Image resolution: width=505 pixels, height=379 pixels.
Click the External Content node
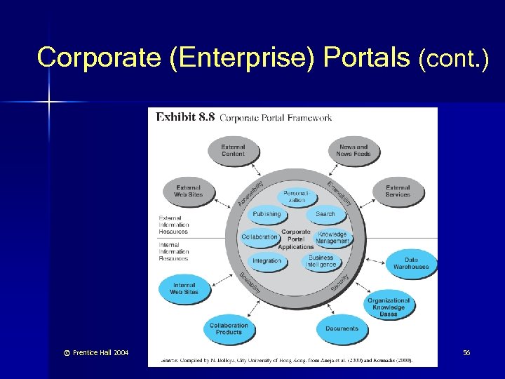tap(233, 150)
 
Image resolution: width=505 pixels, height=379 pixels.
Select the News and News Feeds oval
tap(353, 150)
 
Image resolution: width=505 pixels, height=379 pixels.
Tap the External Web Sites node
tap(188, 192)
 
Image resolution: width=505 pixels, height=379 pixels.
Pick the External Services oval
tap(398, 191)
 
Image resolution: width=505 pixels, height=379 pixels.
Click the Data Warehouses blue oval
tap(411, 263)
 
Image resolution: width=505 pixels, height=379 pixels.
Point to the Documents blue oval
tap(342, 328)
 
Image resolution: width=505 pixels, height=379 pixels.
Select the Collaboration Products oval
tap(229, 328)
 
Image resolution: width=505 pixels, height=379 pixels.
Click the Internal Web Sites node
tap(184, 288)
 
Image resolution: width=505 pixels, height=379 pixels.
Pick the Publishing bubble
tap(267, 214)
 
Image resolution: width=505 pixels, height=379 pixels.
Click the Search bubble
tap(325, 214)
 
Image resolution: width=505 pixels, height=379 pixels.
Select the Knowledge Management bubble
tap(332, 237)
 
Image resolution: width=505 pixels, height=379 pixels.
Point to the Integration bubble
tap(267, 261)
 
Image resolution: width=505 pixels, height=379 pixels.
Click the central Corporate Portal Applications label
tap(296, 239)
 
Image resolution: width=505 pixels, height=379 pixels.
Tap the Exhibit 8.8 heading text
tap(185, 117)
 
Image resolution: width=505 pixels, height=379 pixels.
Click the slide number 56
tap(466, 352)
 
